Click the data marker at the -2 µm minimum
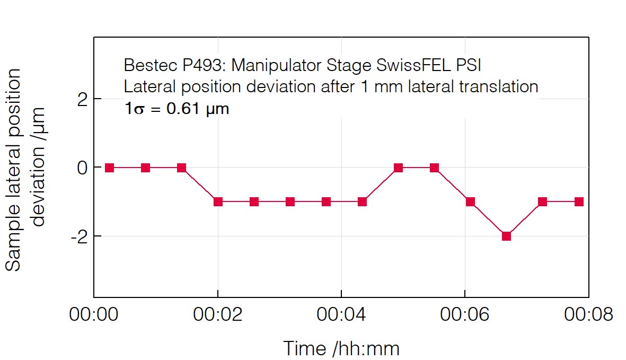[506, 236]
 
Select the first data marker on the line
[109, 168]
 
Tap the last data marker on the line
[579, 201]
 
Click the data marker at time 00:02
[218, 201]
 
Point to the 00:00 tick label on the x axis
[94, 314]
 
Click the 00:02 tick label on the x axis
[217, 314]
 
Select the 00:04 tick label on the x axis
[341, 314]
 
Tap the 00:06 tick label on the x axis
[465, 314]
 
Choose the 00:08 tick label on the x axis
[588, 314]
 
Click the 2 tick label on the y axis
[82, 99]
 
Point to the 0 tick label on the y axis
[82, 168]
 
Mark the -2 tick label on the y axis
[78, 236]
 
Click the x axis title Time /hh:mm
[341, 348]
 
